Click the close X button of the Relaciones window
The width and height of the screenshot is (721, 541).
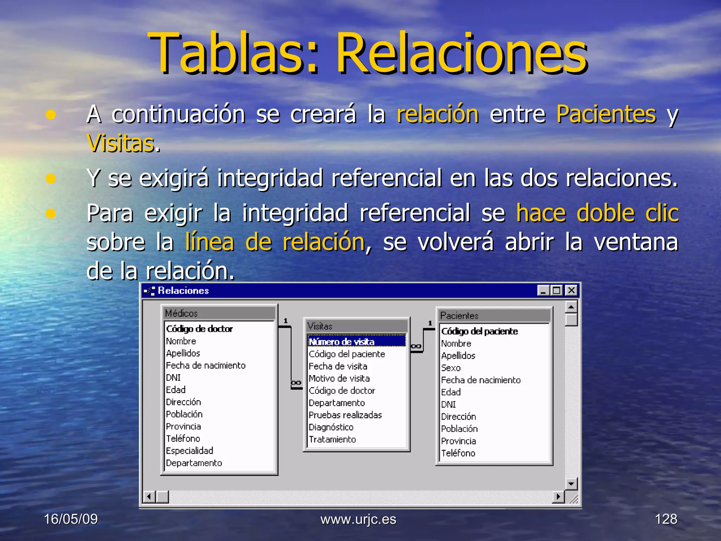pos(571,291)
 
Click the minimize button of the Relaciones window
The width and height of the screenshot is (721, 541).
pos(544,291)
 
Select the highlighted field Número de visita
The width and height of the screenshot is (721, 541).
pos(341,342)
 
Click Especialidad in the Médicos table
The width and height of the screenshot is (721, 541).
pos(189,451)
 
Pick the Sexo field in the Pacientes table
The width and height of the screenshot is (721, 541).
pos(451,368)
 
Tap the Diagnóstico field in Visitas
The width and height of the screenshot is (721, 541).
pos(331,427)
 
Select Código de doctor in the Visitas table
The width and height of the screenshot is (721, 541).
pos(342,391)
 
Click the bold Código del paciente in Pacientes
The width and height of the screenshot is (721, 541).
pos(479,331)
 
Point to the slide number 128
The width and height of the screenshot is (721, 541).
pos(666,519)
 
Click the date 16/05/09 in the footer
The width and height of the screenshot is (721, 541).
pos(71,519)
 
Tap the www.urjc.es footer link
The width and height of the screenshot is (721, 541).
pos(358,519)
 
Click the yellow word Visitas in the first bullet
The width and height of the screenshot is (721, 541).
pos(121,143)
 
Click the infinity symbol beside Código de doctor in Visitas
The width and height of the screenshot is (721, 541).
pos(296,383)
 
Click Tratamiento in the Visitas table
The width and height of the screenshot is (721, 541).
pos(332,440)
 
